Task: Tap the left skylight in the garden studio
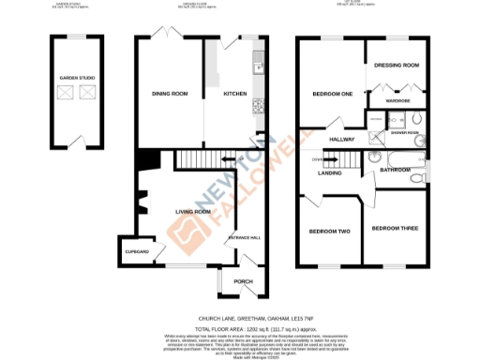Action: tap(65, 93)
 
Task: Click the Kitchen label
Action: tap(233, 94)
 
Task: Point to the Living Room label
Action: tap(193, 212)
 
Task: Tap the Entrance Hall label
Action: tap(245, 237)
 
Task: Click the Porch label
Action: tap(243, 281)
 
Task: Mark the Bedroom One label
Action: tap(331, 94)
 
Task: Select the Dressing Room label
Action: tap(395, 67)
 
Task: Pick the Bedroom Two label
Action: tap(329, 231)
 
